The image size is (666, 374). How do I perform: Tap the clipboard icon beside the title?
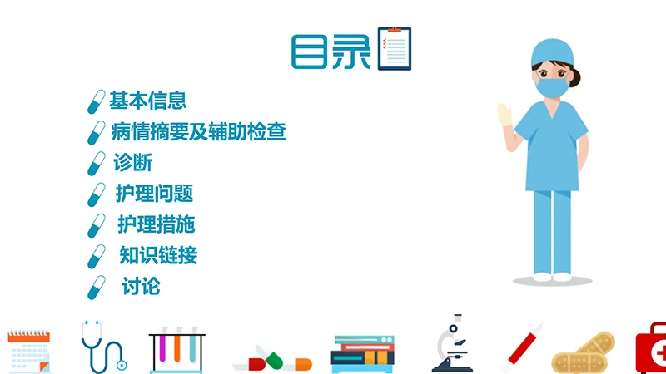click(x=395, y=48)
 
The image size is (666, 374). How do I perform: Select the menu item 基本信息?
click(x=147, y=101)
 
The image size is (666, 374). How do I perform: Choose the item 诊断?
click(x=132, y=162)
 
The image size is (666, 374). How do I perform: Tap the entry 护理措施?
click(x=156, y=224)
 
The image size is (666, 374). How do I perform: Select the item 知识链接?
click(x=158, y=254)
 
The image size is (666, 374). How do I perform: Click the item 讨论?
click(x=141, y=287)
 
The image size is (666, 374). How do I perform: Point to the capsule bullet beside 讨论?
click(x=97, y=287)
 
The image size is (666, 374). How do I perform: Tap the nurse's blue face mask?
click(x=550, y=86)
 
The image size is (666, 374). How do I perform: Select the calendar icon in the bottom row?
click(x=28, y=348)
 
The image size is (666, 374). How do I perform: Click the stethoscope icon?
click(x=102, y=345)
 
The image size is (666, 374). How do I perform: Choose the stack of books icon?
click(x=361, y=352)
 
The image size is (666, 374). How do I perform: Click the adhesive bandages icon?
click(x=584, y=353)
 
